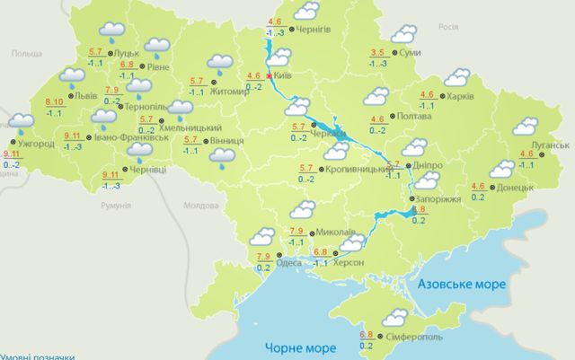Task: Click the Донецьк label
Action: tap(516, 189)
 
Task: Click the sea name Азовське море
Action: tap(461, 284)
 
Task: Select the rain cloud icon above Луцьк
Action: tap(112, 31)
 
